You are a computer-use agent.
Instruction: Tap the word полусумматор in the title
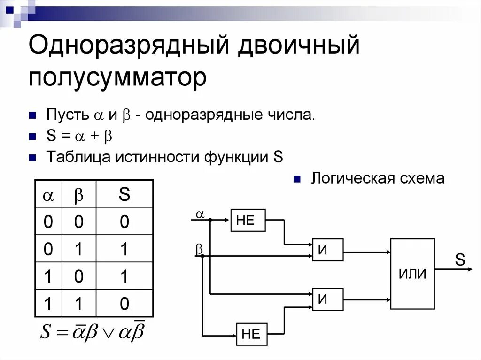pyautogui.click(x=117, y=77)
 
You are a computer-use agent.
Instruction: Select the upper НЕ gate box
pyautogui.click(x=248, y=221)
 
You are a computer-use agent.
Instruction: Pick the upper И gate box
pyautogui.click(x=328, y=250)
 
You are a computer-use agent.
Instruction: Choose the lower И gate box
pyautogui.click(x=328, y=299)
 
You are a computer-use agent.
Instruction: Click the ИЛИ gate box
pyautogui.click(x=412, y=274)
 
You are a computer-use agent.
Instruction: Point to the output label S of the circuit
pyautogui.click(x=459, y=259)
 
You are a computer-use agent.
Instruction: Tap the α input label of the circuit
pyautogui.click(x=200, y=214)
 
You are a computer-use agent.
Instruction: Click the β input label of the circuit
pyautogui.click(x=199, y=249)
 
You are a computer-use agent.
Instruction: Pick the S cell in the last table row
pyautogui.click(x=124, y=304)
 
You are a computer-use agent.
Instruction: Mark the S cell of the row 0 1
pyautogui.click(x=124, y=250)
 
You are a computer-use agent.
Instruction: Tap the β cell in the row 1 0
pyautogui.click(x=78, y=277)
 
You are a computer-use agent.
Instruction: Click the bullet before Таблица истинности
pyautogui.click(x=32, y=158)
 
